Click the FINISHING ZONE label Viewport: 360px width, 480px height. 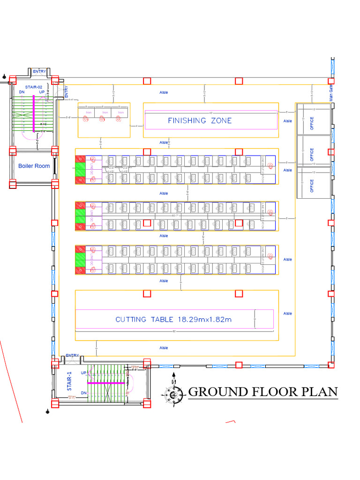point(200,120)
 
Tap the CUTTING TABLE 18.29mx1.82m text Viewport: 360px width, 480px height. point(174,320)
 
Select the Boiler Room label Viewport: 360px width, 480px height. point(34,166)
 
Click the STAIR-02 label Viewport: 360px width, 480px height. point(33,87)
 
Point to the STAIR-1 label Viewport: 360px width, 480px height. point(69,381)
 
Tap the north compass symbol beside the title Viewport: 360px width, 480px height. point(174,393)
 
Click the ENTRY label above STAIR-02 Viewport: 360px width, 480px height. point(39,71)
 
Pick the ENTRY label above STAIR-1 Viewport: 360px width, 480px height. point(73,355)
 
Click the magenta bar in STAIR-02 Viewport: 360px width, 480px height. point(34,113)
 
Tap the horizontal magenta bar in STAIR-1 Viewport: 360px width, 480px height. point(105,383)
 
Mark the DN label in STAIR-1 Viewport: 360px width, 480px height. point(83,393)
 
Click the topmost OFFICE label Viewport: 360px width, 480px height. point(312,124)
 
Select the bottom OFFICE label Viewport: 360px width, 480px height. point(312,186)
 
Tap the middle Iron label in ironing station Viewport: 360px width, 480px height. point(105,112)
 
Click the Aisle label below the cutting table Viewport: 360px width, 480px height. point(164,348)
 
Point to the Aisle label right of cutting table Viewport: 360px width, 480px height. point(287,314)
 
